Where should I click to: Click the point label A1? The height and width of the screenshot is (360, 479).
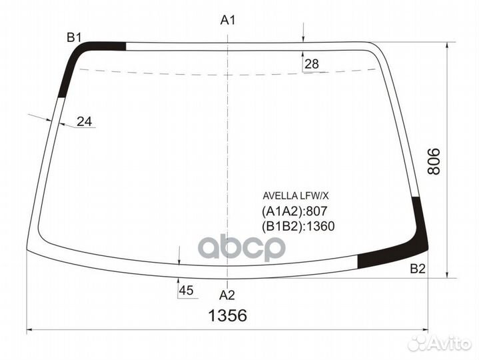[x=229, y=20]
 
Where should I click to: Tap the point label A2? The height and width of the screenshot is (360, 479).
[x=227, y=294]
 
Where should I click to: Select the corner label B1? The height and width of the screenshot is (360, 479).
[x=73, y=37]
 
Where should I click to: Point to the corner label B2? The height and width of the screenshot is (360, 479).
[x=418, y=269]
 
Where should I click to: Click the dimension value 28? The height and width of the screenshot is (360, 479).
[x=311, y=65]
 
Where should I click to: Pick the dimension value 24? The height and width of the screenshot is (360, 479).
[x=84, y=121]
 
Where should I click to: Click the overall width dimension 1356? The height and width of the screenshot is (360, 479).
[x=227, y=315]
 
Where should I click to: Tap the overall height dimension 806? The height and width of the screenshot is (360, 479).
[x=434, y=161]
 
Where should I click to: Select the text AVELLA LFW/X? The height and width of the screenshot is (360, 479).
[x=296, y=196]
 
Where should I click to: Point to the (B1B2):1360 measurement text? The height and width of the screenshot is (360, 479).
[x=298, y=225]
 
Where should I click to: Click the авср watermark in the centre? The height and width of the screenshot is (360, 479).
[x=243, y=248]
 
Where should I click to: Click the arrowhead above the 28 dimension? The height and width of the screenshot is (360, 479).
[x=303, y=38]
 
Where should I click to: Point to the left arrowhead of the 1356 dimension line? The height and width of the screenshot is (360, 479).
[x=30, y=330]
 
